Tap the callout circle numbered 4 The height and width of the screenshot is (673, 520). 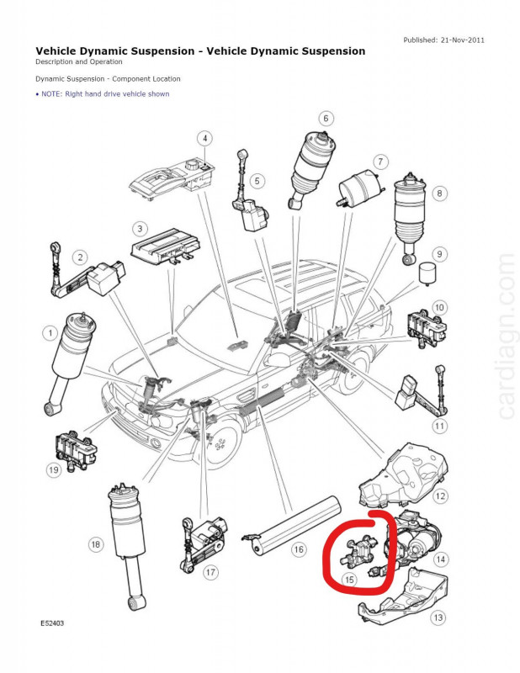(204, 139)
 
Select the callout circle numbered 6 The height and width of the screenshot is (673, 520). (325, 119)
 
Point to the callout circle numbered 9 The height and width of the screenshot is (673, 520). (438, 254)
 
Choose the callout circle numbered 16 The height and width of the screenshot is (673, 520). (299, 549)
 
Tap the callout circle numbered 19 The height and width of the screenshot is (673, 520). (54, 469)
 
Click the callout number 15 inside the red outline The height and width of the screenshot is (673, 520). (349, 580)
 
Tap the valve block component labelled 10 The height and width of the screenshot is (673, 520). (419, 326)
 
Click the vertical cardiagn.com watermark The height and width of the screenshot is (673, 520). (505, 336)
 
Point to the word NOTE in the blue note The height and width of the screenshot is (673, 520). (52, 94)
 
